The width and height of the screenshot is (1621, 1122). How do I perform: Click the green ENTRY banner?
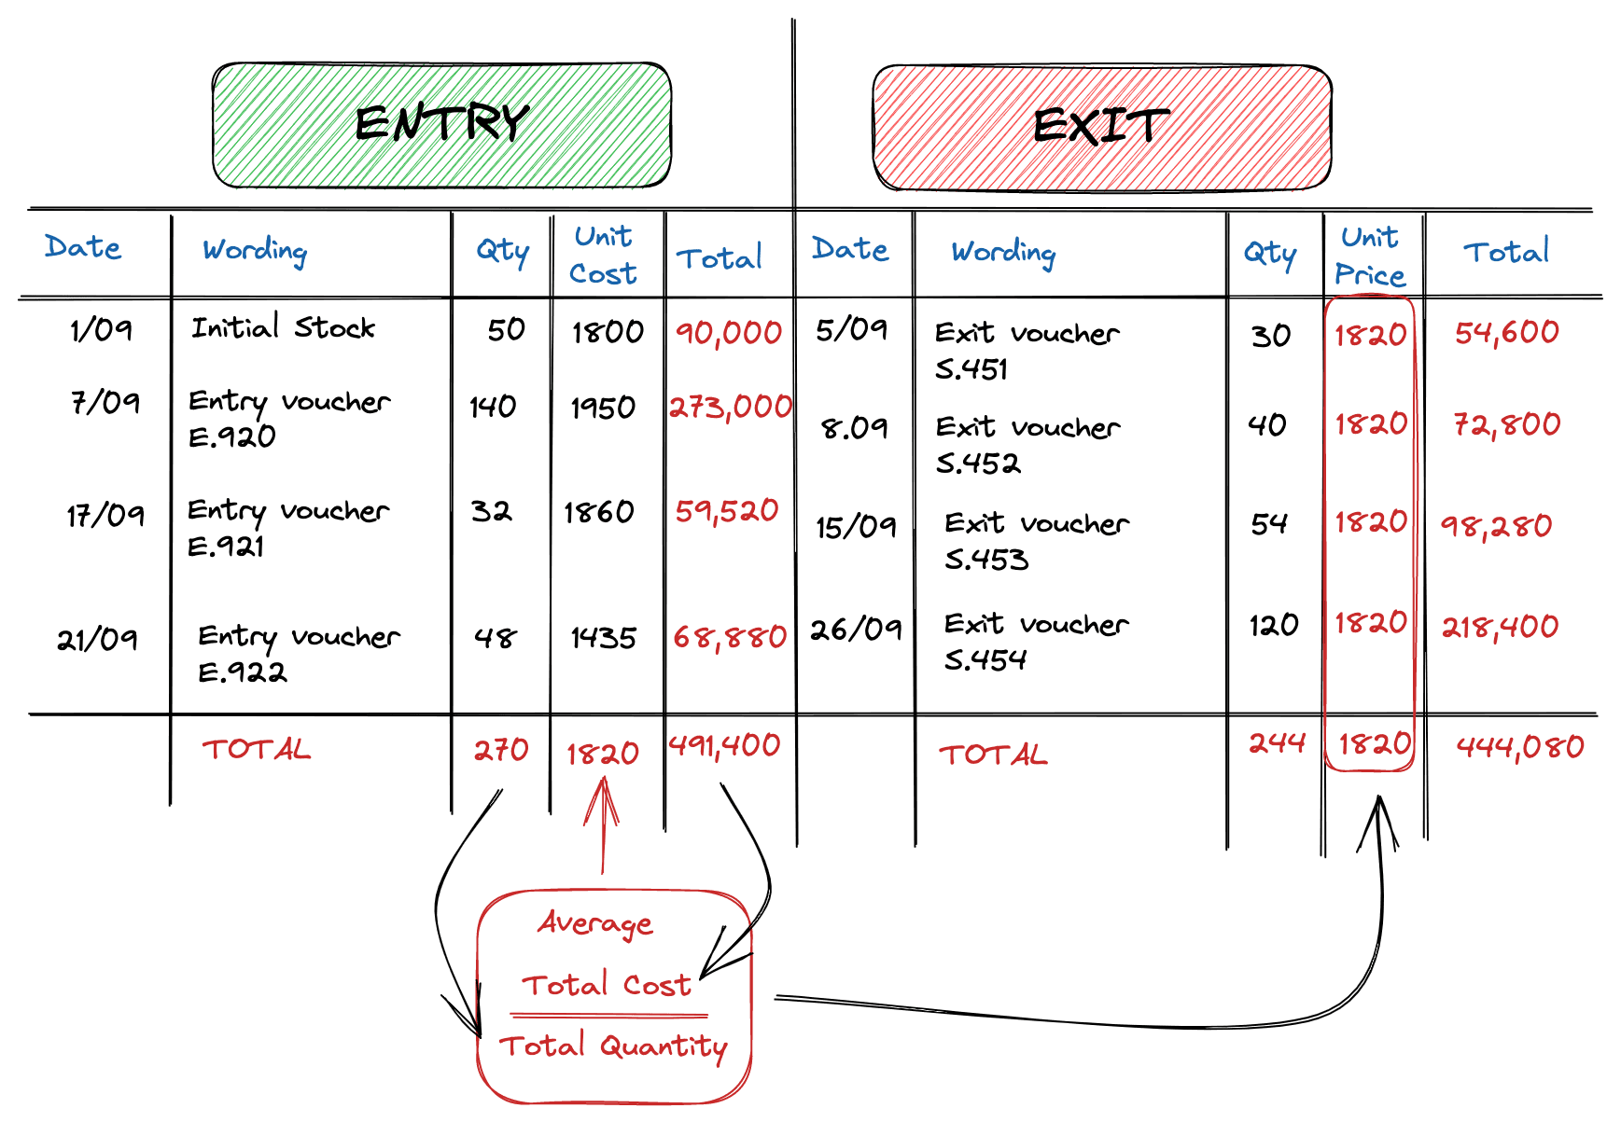(441, 124)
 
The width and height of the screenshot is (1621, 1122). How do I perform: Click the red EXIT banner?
(1101, 127)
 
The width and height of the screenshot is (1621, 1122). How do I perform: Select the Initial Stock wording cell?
(283, 328)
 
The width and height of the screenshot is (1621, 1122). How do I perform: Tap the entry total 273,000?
(731, 407)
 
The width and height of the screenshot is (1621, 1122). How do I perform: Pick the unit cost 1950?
(603, 408)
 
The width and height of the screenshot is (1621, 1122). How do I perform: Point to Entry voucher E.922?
(298, 653)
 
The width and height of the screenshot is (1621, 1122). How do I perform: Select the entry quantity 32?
(491, 511)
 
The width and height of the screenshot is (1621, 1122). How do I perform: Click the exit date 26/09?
(856, 630)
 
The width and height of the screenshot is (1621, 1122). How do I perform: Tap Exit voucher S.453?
(1035, 541)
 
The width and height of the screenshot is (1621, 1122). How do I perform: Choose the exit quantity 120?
(1274, 625)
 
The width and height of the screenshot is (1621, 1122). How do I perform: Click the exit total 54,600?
(1506, 333)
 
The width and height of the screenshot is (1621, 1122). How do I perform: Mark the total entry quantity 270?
(501, 750)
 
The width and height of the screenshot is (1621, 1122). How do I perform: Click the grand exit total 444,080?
(1520, 746)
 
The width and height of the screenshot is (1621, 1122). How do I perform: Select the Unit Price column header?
(1369, 256)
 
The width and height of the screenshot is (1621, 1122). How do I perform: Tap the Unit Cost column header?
(604, 255)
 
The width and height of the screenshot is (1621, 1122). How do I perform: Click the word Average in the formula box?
(595, 923)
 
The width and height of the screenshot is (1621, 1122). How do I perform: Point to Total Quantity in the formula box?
(614, 1046)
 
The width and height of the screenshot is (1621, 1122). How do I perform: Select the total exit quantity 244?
(1277, 743)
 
